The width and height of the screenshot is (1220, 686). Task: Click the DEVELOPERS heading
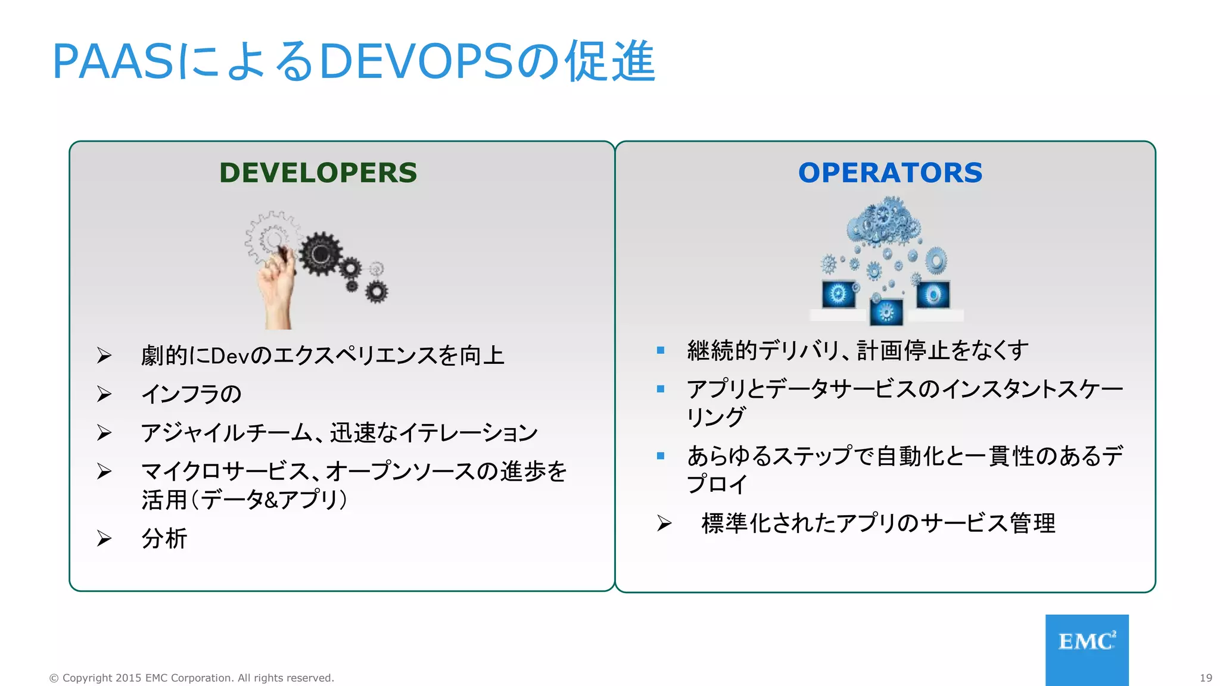click(318, 173)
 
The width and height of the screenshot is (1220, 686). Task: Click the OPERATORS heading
click(890, 173)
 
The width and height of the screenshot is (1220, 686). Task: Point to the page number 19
click(1206, 678)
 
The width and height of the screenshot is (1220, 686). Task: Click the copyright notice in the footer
click(191, 678)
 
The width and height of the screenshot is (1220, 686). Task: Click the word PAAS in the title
click(113, 61)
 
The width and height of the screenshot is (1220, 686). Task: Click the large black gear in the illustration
click(320, 254)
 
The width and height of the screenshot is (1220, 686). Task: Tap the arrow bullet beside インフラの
click(104, 394)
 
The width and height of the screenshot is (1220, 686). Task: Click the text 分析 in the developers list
click(164, 538)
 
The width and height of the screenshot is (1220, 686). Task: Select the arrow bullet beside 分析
click(104, 538)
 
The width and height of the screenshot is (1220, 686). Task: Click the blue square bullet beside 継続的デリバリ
click(660, 350)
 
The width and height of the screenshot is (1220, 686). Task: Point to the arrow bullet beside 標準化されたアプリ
click(664, 523)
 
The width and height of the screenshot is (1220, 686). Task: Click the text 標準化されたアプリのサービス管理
click(878, 523)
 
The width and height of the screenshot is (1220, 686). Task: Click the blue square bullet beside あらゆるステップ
click(660, 456)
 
